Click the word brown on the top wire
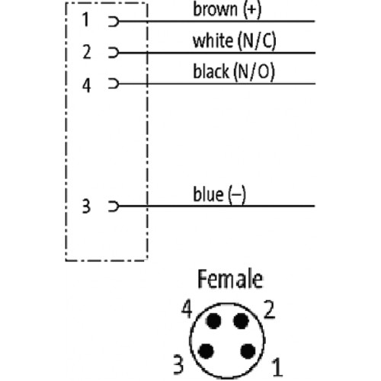(215, 9)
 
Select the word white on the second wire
(213, 40)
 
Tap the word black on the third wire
(211, 71)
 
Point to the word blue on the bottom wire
(208, 194)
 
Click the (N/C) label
(257, 41)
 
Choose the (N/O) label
(254, 72)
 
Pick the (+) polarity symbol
(251, 10)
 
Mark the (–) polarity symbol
(237, 194)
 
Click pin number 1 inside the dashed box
(86, 20)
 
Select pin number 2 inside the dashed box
(87, 52)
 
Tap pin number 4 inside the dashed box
(86, 85)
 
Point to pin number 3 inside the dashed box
(86, 206)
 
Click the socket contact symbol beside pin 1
(114, 21)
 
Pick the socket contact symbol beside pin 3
(114, 206)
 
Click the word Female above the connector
(230, 279)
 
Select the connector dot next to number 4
(213, 321)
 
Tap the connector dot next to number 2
(241, 321)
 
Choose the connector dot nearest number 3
(206, 351)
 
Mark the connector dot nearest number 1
(248, 351)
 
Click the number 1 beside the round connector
(277, 367)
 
